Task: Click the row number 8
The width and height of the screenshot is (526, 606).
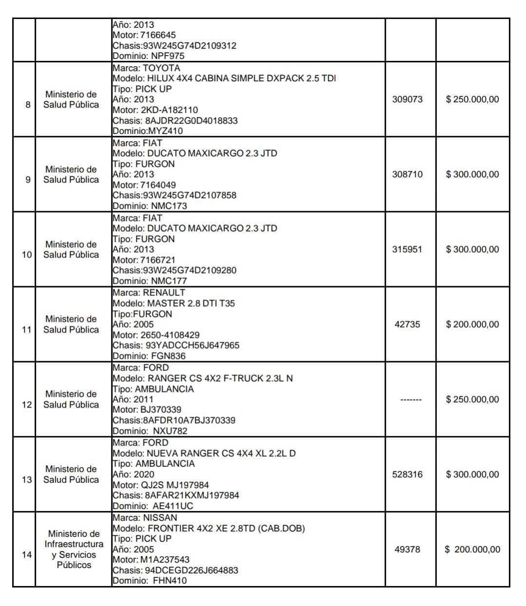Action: coord(28,105)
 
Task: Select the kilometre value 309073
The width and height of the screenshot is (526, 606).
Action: coord(407,99)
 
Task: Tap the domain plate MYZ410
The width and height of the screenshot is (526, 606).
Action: coord(165,131)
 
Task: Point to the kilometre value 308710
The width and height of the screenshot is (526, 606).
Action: coord(407,174)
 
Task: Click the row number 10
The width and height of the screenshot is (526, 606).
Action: coord(27,255)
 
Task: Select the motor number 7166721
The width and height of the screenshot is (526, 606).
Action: coord(158,260)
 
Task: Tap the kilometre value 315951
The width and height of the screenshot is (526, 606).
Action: coord(407,249)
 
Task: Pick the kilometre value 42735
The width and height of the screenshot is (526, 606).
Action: coord(407,324)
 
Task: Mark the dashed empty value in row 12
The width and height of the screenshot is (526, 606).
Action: coord(411,400)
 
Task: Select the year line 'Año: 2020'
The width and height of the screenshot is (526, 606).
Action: coord(133,474)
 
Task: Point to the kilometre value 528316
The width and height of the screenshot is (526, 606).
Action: coord(407,474)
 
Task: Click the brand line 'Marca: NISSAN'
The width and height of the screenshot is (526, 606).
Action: coord(145,517)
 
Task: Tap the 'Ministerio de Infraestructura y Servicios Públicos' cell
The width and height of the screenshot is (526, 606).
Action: coord(74,549)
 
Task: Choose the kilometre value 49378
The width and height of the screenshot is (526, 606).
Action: coord(407,549)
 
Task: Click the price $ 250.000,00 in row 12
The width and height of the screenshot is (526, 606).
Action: coord(472,399)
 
